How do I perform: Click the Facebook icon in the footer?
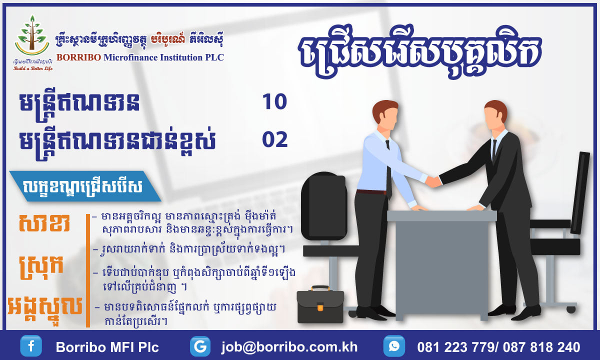tap(31, 346)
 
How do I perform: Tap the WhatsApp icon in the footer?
tap(394, 346)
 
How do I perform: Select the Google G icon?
tap(200, 346)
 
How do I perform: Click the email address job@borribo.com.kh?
tap(289, 347)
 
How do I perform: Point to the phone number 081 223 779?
tap(455, 347)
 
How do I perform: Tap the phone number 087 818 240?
tap(541, 347)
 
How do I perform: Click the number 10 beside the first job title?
tap(274, 102)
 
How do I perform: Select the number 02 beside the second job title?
tap(275, 139)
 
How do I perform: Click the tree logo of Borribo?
tap(32, 35)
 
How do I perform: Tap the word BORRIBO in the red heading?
tap(79, 57)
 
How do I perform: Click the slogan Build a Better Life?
tap(33, 68)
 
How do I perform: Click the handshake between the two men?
tap(433, 182)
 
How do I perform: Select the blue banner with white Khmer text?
tap(85, 186)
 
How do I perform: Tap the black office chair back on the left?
tap(324, 206)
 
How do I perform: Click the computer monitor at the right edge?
tap(580, 193)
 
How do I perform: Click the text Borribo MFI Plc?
tap(107, 347)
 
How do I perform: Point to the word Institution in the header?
tap(181, 57)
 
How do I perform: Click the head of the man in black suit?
tap(495, 115)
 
